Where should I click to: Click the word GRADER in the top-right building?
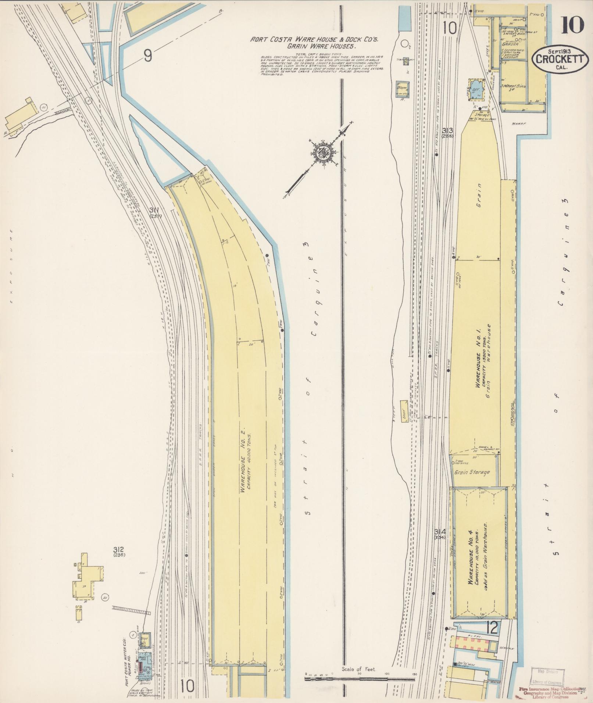[510, 45]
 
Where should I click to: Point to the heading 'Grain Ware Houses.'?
[318, 46]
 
